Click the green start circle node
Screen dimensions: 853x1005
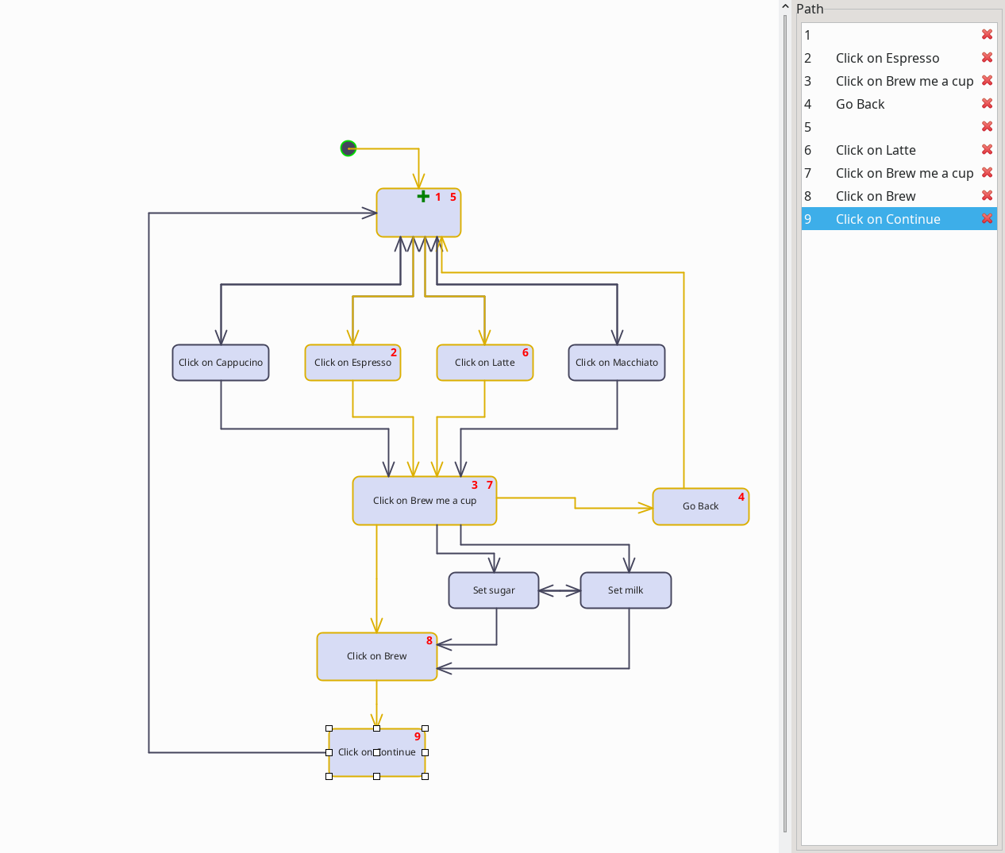(x=348, y=148)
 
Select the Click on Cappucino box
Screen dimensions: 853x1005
(x=221, y=363)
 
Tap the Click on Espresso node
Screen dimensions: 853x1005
(x=352, y=363)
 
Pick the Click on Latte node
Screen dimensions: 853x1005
(x=484, y=363)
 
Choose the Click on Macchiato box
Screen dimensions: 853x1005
(x=616, y=363)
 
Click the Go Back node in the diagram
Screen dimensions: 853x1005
(x=700, y=506)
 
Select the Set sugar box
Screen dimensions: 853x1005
(x=493, y=590)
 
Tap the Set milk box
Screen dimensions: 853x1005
(x=626, y=590)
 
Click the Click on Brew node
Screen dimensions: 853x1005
(x=376, y=656)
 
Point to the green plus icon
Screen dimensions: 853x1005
(x=423, y=196)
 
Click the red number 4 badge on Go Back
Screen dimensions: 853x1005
(x=741, y=497)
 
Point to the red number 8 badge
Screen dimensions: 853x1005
(x=429, y=640)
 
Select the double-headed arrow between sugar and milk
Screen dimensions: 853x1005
(x=560, y=590)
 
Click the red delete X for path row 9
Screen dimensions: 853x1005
(x=987, y=219)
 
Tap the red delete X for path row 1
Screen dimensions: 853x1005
(x=987, y=35)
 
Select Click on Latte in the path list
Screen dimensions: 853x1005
(x=876, y=150)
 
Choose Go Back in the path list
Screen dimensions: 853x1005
(x=860, y=104)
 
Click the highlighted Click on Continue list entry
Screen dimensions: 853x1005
(x=888, y=219)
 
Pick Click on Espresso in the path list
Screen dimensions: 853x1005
(x=887, y=58)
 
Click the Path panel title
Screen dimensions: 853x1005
(x=810, y=9)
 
